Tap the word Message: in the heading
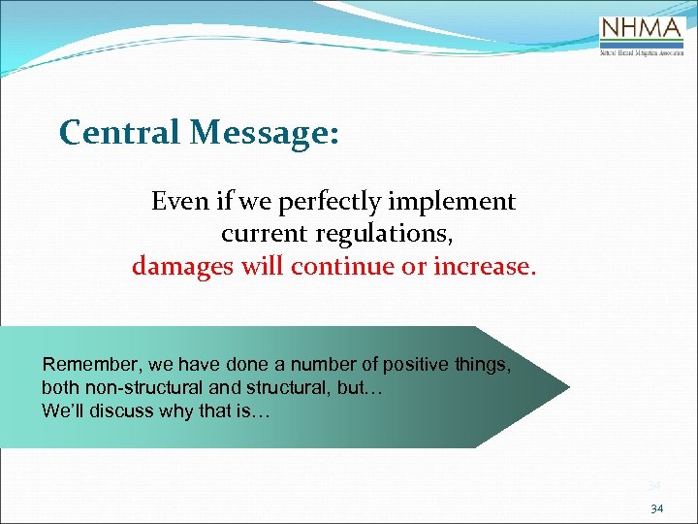click(265, 132)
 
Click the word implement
click(452, 202)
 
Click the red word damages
click(184, 266)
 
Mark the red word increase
click(482, 266)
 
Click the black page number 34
click(657, 508)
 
